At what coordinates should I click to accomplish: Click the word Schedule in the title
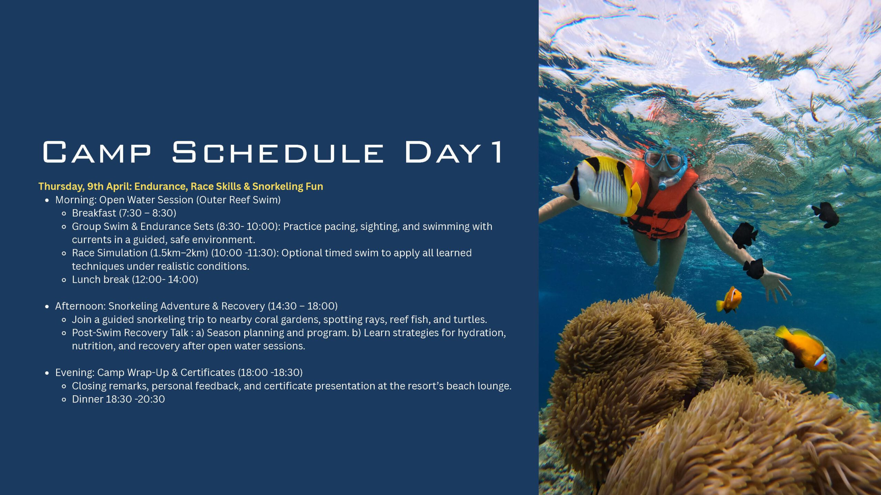pos(278,152)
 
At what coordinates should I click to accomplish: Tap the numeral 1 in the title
pos(497,152)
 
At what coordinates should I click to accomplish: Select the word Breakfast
pos(94,213)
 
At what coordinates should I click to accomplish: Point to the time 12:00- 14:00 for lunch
pos(166,279)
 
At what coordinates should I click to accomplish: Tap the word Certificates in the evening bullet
pos(208,373)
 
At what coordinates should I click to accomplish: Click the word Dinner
pos(87,399)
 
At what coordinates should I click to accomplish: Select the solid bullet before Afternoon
pos(47,307)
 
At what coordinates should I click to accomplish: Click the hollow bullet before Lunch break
pos(64,280)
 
